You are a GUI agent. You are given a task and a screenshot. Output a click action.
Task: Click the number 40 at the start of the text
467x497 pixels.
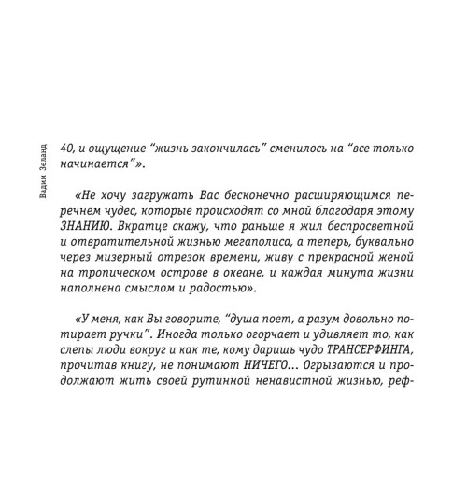pyautogui.click(x=66, y=149)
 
